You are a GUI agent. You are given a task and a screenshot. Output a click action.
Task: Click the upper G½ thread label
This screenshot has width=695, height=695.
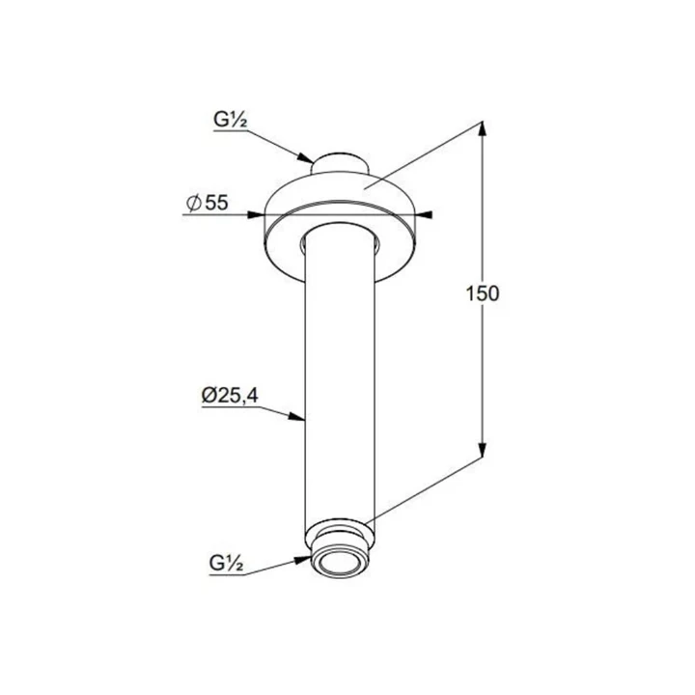point(230,120)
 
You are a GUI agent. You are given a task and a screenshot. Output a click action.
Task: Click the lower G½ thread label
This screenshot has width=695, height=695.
point(226,564)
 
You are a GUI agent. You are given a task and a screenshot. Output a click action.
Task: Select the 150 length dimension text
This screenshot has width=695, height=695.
point(483,293)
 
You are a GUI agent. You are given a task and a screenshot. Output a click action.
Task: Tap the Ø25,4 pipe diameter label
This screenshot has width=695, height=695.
point(230,396)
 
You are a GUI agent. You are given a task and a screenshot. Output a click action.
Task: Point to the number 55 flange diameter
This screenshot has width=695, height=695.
point(217,203)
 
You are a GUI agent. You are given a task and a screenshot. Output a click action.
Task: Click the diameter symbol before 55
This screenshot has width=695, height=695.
point(194,204)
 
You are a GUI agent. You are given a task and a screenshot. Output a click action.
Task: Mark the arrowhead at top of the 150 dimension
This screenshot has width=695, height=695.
point(483,128)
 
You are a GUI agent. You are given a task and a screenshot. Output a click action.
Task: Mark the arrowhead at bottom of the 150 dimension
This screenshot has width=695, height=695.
point(483,451)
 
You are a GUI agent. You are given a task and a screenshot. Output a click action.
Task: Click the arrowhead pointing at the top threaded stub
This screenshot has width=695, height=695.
point(304,157)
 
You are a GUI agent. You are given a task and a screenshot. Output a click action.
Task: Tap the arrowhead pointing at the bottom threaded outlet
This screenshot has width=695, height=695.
point(302,560)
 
